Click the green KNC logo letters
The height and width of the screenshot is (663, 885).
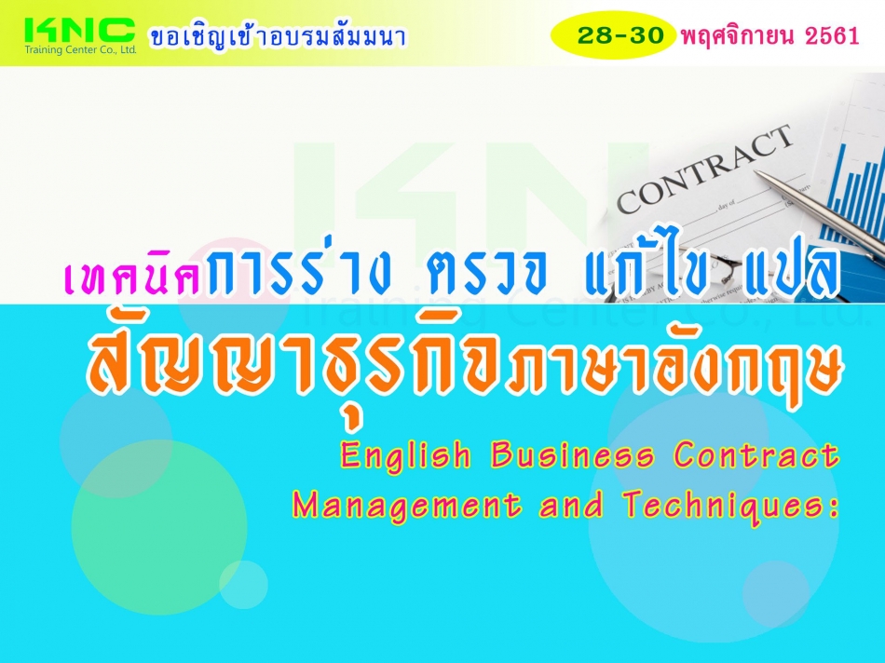pos(79,30)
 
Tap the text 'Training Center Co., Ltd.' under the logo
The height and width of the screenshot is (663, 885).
pos(80,50)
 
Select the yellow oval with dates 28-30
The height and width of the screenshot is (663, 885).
pos(613,35)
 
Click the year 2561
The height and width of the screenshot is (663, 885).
pos(832,36)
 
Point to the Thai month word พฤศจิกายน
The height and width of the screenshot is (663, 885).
pos(739,35)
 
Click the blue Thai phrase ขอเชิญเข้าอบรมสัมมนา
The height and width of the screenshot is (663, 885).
pos(278,36)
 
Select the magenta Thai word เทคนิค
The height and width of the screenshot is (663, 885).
pos(134,277)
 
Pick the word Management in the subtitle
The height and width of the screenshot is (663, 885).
pos(407,505)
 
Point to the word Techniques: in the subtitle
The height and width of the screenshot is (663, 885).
pos(731,504)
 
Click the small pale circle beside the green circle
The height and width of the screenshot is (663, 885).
pos(243,585)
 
